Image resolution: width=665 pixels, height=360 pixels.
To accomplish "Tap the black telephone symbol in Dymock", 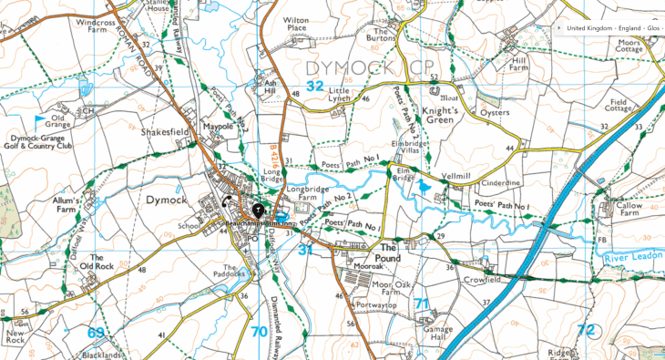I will pyautogui.click(x=225, y=202).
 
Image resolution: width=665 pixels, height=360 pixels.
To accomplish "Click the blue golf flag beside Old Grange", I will pyautogui.click(x=39, y=119).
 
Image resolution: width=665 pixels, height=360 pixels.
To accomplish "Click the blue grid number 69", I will pyautogui.click(x=95, y=332).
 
